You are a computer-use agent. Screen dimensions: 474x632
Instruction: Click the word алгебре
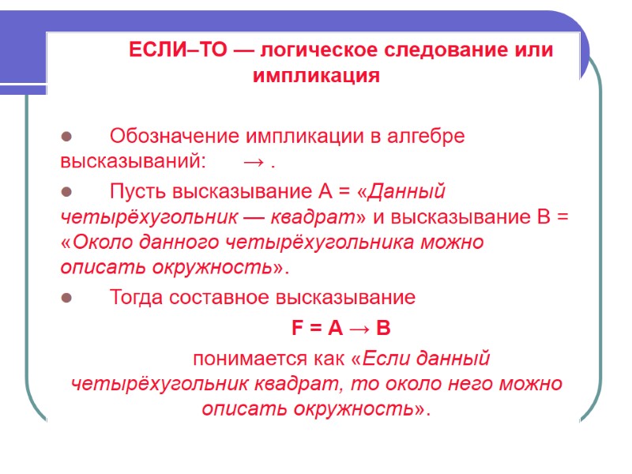click(x=426, y=136)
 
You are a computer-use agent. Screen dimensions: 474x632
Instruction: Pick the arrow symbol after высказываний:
click(x=254, y=164)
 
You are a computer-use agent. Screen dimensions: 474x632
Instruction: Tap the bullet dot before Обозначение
click(x=66, y=136)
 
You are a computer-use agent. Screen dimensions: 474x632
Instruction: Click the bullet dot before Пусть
click(x=66, y=191)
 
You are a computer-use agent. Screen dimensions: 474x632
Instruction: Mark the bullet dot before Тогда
click(x=66, y=298)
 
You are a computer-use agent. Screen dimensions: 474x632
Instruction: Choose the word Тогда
click(x=137, y=298)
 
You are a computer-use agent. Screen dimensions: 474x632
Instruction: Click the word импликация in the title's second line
click(x=316, y=77)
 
